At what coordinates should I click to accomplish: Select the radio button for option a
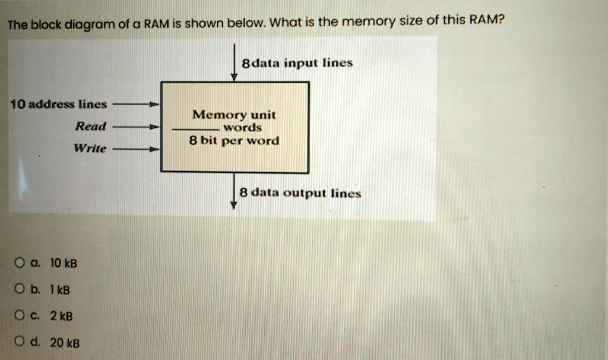click(x=20, y=263)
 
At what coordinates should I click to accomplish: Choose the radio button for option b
click(x=20, y=290)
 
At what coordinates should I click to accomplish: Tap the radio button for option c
click(x=20, y=316)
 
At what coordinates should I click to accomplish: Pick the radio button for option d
click(x=20, y=342)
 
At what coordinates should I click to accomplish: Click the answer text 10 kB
click(x=64, y=263)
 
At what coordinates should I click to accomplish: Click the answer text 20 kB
click(x=65, y=343)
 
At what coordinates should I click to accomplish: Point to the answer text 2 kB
click(x=61, y=316)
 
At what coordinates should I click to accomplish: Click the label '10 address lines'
click(x=58, y=105)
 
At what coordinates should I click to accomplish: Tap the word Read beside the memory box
click(x=90, y=126)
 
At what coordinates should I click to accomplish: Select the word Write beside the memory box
click(x=89, y=148)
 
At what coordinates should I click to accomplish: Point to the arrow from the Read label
click(x=137, y=127)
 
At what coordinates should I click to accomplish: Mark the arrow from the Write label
click(x=137, y=149)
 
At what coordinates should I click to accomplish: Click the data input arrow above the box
click(x=235, y=63)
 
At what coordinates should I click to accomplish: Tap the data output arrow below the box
click(x=235, y=191)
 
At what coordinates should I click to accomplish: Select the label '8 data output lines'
click(x=300, y=193)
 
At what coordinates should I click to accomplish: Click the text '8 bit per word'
click(x=234, y=141)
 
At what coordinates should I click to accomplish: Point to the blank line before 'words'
click(x=196, y=129)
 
